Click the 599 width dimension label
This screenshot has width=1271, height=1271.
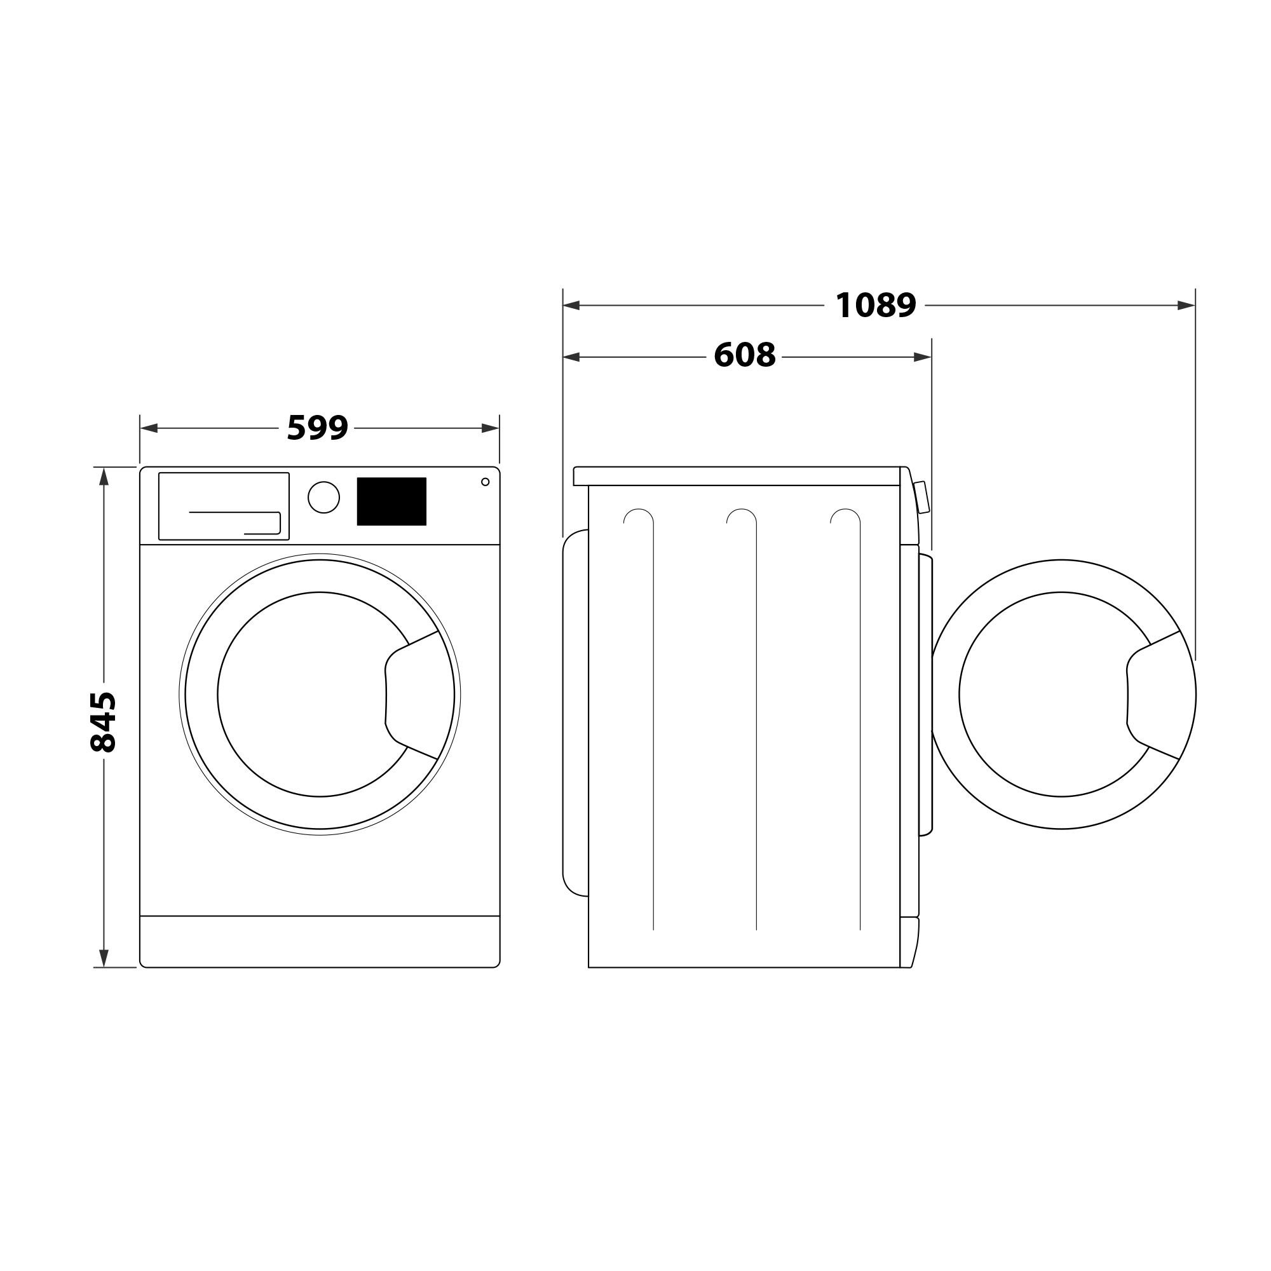click(x=317, y=428)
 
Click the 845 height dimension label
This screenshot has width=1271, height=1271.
click(x=104, y=722)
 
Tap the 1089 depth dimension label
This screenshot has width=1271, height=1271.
click(x=875, y=305)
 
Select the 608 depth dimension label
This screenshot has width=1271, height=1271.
click(x=745, y=355)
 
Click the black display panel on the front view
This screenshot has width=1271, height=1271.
click(x=391, y=501)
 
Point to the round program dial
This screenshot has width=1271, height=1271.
click(x=323, y=498)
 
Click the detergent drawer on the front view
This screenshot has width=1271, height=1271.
click(x=224, y=506)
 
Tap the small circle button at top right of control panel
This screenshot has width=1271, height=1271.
click(x=486, y=482)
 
